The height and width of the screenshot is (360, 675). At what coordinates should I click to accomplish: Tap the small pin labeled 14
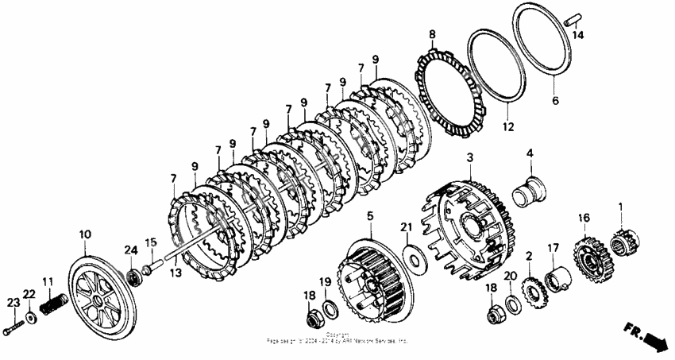click(573, 21)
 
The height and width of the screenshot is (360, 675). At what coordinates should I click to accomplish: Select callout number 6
click(555, 101)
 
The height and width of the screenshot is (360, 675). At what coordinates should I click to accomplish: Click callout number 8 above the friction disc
click(432, 35)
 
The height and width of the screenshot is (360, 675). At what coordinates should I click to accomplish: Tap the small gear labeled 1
click(624, 239)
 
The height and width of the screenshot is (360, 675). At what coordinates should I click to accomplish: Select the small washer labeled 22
click(30, 317)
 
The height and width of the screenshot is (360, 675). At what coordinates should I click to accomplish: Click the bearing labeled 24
click(133, 276)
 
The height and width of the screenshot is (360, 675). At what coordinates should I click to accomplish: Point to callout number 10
click(84, 234)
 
